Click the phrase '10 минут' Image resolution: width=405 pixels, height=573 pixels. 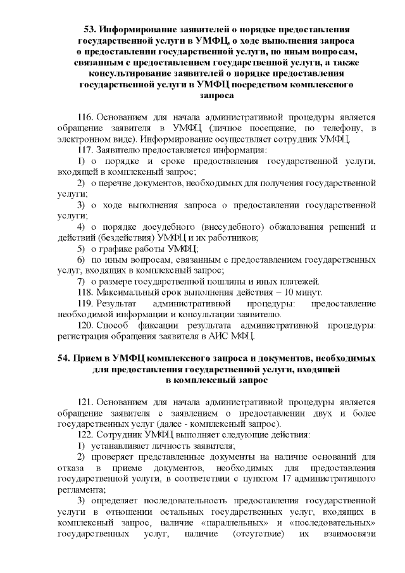coord(304,292)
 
